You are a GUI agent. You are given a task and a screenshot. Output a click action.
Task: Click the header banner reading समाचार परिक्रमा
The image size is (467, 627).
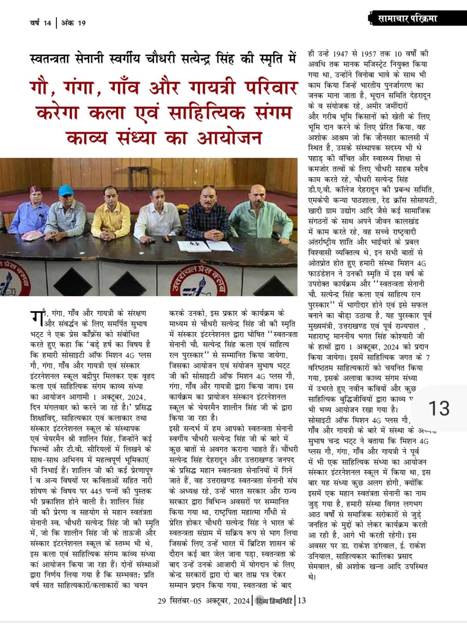407,18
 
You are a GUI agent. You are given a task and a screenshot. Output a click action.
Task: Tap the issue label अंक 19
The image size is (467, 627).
74,23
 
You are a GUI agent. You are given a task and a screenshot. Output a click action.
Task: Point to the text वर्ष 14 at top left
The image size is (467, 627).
41,23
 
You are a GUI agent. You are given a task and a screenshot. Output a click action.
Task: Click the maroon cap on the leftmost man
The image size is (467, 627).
36,190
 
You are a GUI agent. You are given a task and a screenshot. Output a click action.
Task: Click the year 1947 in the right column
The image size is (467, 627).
344,54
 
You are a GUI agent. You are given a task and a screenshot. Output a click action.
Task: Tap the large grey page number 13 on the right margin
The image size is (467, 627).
439,408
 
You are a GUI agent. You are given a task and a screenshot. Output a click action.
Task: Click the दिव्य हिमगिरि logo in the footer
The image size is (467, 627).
273,601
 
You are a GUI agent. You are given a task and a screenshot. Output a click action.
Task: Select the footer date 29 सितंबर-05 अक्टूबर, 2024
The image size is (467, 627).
203,601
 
